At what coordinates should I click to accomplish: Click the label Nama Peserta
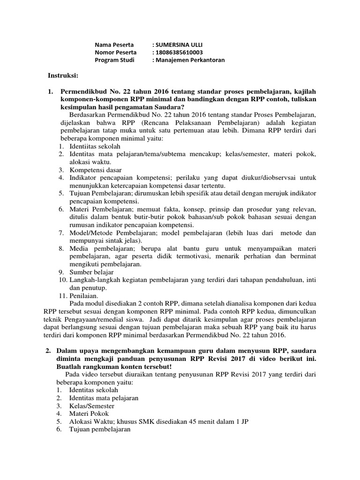[114, 45]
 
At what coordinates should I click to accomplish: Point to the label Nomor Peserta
[116, 52]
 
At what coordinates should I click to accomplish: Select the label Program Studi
[114, 60]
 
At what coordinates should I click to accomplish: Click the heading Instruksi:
[64, 75]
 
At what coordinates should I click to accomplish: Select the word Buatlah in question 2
[73, 366]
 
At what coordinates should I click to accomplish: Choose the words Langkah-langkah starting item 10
[90, 280]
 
